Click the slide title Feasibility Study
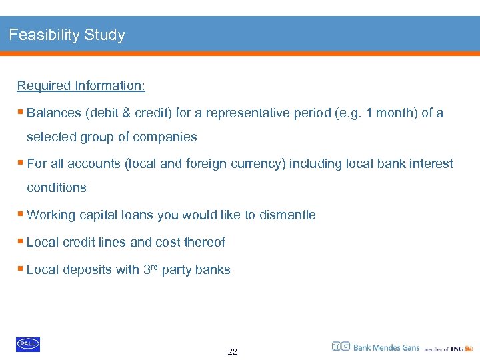67,35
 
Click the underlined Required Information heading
81,85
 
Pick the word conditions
57,187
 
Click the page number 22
232,351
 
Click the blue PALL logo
28,344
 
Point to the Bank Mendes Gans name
386,347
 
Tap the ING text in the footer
457,349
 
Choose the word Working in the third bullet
51,215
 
